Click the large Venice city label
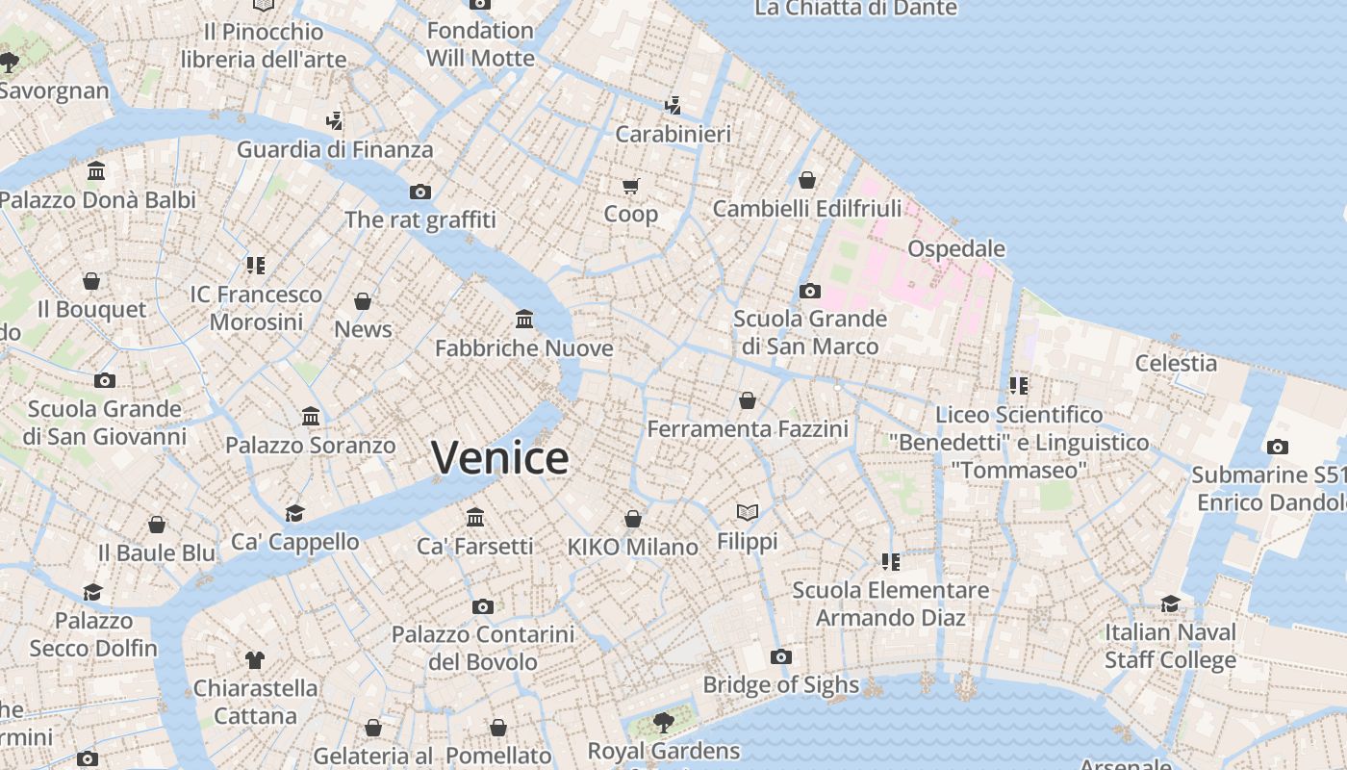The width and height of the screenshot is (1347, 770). pos(499,458)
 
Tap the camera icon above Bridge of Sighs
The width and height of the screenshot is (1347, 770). pos(781,657)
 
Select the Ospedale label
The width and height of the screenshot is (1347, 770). pos(956,248)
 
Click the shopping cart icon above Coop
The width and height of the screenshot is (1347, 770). pos(630,186)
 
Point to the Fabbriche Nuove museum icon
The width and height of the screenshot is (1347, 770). pos(524,319)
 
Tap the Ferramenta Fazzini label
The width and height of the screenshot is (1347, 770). pos(748,428)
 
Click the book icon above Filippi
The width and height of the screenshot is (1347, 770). pos(748,513)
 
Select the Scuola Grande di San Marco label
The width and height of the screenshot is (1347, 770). pos(809,332)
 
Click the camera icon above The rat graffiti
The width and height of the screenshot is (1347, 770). pos(420,192)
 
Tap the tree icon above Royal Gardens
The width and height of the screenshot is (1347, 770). pos(663,722)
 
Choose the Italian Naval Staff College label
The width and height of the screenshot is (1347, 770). pos(1170,646)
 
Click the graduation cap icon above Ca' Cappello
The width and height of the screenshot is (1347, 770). pos(294,513)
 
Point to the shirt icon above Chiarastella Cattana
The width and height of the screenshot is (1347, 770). pos(254,659)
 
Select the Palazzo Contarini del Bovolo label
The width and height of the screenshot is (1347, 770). pos(482,648)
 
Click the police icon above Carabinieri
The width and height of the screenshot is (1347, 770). pos(673,105)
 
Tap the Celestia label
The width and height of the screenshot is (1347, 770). pos(1176,363)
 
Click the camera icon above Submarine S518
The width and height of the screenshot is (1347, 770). pos(1277,447)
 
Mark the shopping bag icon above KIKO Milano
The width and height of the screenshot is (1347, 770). pos(632,519)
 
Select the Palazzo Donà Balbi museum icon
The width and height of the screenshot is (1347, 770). pos(96,171)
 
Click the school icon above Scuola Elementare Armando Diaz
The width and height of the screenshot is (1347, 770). pos(890,561)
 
